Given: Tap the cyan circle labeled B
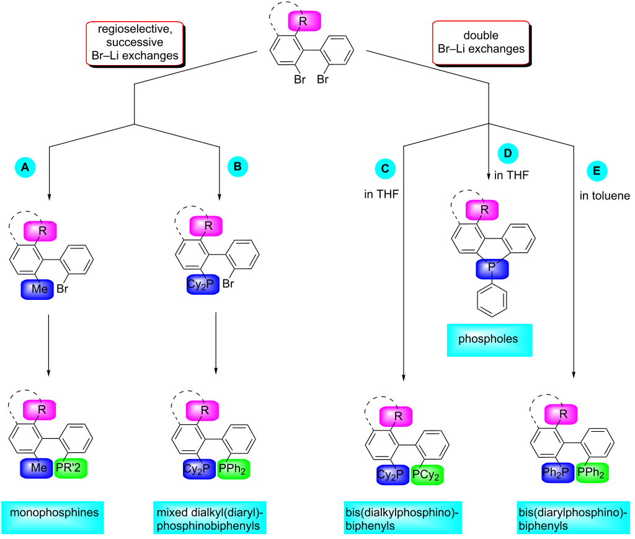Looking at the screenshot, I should [238, 166].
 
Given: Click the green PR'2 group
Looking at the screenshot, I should [71, 468].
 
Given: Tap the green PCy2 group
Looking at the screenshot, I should [429, 475].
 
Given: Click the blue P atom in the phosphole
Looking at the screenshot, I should [492, 269].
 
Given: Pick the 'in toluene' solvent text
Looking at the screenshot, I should [605, 196].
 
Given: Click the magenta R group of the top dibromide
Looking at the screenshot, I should [304, 20].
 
